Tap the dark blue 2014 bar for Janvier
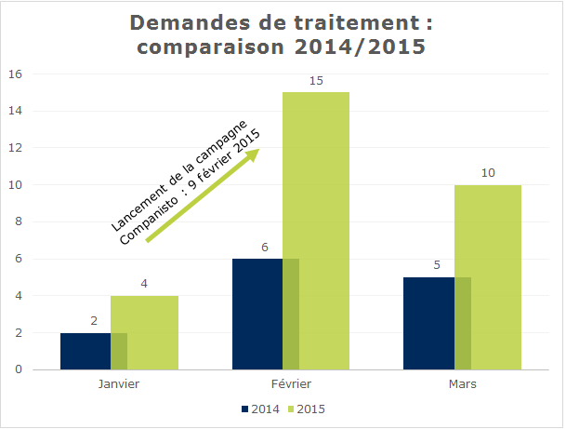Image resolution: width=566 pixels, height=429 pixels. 86,351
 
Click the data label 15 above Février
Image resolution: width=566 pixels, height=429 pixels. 316,82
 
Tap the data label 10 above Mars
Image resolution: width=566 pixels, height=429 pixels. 488,174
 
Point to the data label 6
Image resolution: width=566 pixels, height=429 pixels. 265,248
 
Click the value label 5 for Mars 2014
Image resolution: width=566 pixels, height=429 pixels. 437,266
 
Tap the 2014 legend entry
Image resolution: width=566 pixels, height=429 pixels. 262,409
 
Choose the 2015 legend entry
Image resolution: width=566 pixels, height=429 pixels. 306,409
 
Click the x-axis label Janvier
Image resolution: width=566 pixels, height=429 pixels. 119,383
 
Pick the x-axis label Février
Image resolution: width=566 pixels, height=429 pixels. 291,383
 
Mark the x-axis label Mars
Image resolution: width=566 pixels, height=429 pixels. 462,383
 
